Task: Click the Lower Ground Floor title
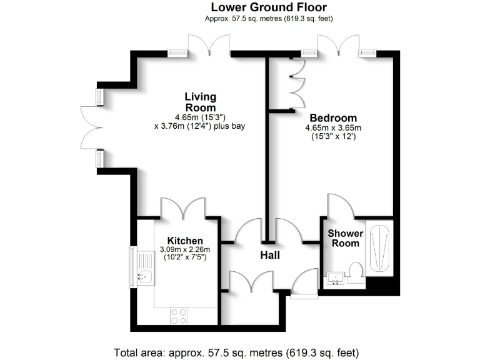tap(269, 7)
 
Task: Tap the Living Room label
tap(200, 102)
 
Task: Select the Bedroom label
tap(333, 117)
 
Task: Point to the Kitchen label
tap(184, 241)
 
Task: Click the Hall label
tap(270, 256)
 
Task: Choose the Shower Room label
tap(345, 238)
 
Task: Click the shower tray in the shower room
tap(379, 250)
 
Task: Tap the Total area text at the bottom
tap(236, 352)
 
